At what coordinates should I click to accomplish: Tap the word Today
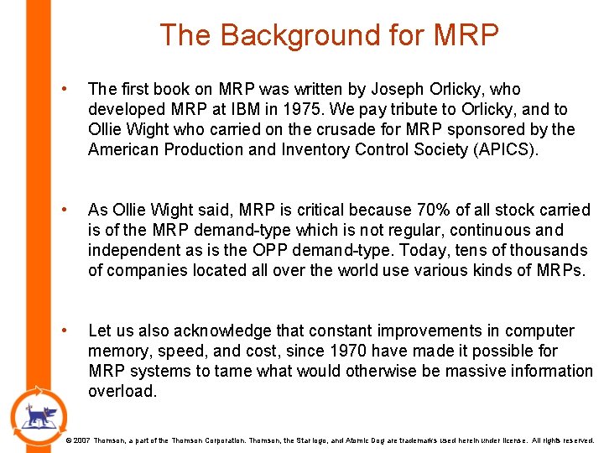click(448, 250)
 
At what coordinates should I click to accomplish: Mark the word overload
click(122, 391)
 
